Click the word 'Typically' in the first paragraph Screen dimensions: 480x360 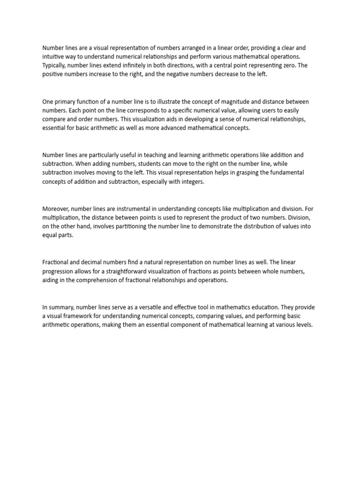[x=55, y=66]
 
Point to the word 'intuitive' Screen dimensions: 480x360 [x=53, y=57]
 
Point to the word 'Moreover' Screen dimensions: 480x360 [x=56, y=208]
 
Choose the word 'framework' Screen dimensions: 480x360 [x=77, y=316]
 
